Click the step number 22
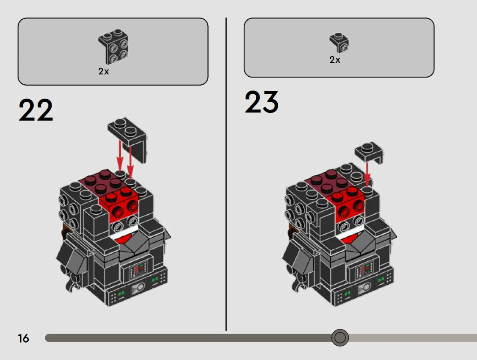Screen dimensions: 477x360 click(36, 110)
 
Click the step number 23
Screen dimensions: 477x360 click(262, 102)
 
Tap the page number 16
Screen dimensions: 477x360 click(23, 338)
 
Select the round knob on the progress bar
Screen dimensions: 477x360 click(340, 338)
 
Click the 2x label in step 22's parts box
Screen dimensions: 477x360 click(103, 71)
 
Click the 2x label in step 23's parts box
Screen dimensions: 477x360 click(335, 60)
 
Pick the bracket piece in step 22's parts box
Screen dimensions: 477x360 click(113, 47)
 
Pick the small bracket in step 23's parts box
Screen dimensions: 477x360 click(339, 43)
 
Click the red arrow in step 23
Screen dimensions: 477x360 click(367, 174)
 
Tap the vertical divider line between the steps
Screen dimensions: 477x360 click(226, 174)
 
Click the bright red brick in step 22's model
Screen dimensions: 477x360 click(123, 207)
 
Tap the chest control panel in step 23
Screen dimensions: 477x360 click(363, 269)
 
